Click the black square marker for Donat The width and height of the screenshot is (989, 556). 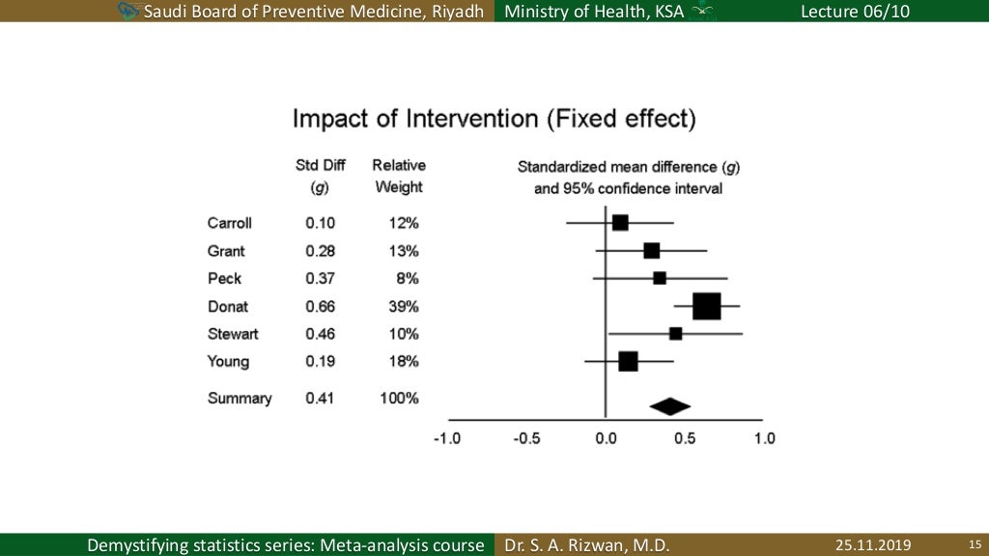[707, 306]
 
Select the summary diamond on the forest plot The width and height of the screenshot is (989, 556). [670, 407]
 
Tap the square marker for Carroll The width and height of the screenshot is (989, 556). [620, 223]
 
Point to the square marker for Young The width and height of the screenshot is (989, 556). [628, 362]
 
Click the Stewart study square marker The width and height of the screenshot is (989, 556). [676, 334]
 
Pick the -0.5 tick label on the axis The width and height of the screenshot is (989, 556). [526, 438]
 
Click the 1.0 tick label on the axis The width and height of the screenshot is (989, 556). [764, 438]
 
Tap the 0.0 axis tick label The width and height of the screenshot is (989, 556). [606, 438]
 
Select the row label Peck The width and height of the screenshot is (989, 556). [224, 279]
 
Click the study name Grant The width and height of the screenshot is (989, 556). [226, 251]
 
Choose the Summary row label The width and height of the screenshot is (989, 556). [240, 398]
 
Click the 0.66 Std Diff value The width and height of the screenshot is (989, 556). [320, 307]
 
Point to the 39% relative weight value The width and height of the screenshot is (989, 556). [403, 307]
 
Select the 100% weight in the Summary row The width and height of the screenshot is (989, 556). [399, 398]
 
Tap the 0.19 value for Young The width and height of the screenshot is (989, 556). [320, 362]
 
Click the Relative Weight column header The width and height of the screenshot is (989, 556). [399, 176]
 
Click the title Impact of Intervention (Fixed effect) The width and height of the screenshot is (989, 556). [494, 120]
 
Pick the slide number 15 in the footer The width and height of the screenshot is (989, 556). [974, 545]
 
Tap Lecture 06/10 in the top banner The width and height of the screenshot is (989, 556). [855, 11]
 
